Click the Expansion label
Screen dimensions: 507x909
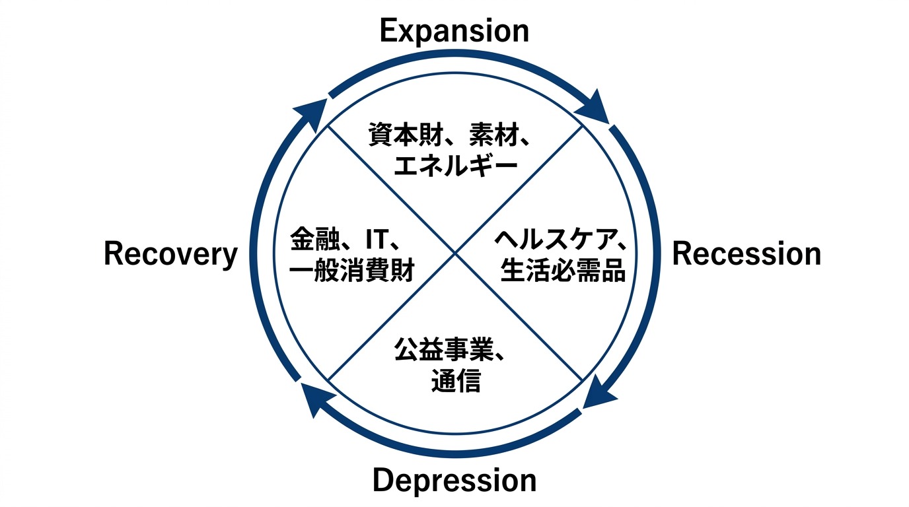[x=454, y=30]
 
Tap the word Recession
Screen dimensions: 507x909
[x=746, y=254]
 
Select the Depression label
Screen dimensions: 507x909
[x=454, y=480]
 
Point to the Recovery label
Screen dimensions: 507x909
[x=170, y=255]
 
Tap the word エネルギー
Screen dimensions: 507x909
[x=454, y=165]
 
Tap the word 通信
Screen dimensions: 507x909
[x=455, y=381]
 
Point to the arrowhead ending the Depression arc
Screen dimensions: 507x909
[x=315, y=399]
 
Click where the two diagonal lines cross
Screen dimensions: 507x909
[x=455, y=253]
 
